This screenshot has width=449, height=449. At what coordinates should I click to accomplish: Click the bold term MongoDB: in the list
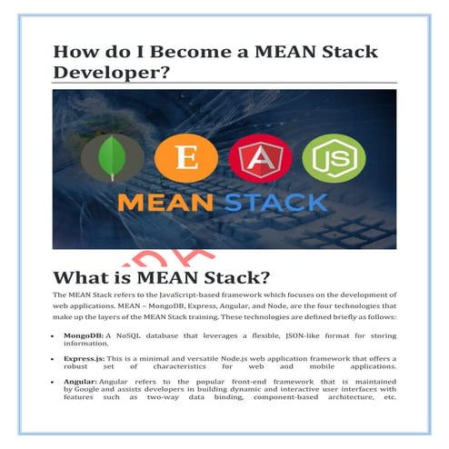point(83,335)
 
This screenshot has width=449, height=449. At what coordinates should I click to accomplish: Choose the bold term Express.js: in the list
point(85,360)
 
